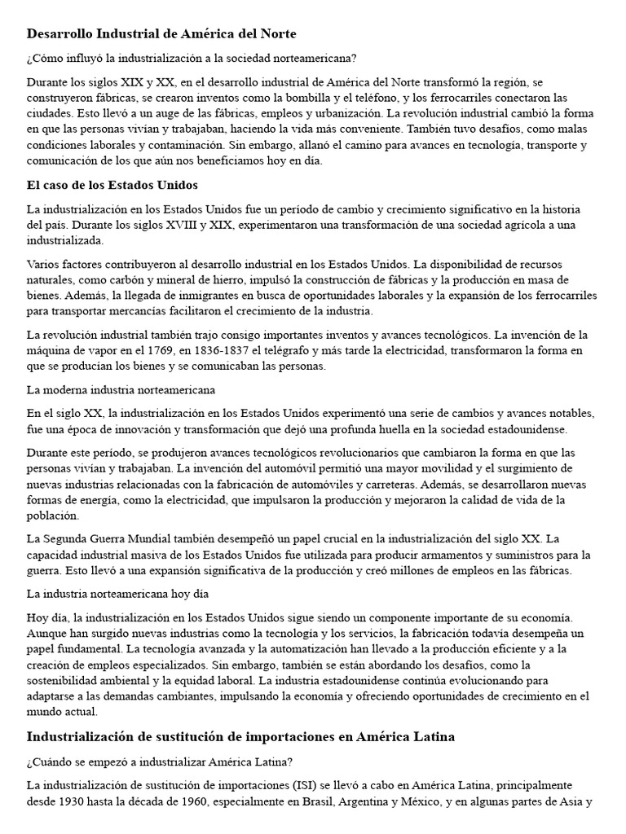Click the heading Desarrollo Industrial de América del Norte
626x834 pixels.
point(161,34)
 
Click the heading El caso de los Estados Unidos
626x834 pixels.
point(112,185)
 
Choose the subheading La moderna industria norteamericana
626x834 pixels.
point(121,388)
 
